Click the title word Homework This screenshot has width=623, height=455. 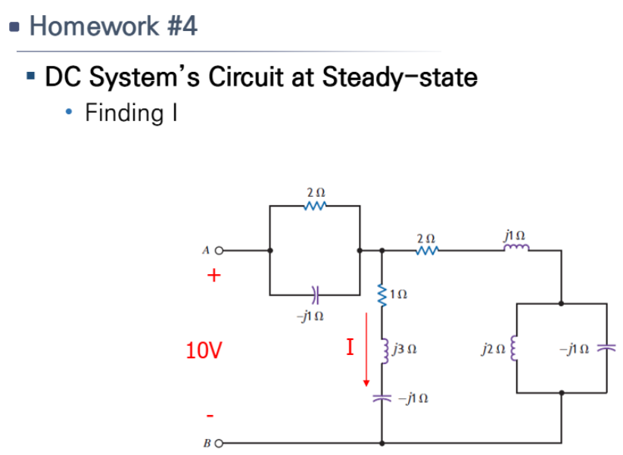[92, 26]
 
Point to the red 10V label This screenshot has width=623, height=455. [204, 351]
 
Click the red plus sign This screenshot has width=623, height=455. [214, 276]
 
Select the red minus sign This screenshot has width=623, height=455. [213, 416]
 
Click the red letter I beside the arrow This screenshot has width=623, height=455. [349, 347]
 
